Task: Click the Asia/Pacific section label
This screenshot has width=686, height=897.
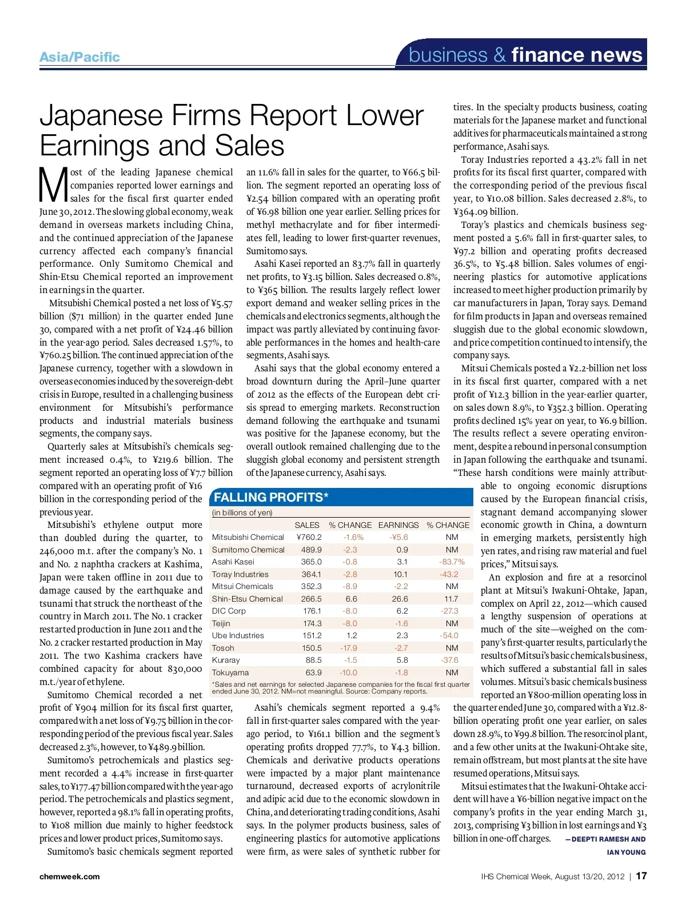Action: (x=79, y=57)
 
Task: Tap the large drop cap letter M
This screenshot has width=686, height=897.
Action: (x=53, y=185)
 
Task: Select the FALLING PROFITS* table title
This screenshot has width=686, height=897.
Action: (x=271, y=497)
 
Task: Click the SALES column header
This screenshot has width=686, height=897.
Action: (x=307, y=525)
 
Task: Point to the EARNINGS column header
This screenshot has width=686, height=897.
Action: (x=398, y=525)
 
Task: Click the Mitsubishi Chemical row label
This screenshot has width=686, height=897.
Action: (x=248, y=537)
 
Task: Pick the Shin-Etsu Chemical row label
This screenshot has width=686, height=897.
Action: (x=247, y=599)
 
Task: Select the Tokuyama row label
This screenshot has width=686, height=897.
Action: (x=230, y=672)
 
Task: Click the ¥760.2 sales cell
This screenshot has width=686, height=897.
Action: (x=309, y=537)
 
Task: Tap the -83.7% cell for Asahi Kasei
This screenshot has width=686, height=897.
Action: (x=452, y=562)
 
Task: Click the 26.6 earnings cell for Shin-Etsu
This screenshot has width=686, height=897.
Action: (x=400, y=599)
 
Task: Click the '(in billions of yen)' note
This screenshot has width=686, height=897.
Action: (x=242, y=512)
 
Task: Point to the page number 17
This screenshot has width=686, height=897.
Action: (x=641, y=876)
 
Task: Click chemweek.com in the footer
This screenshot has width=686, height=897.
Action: (x=69, y=876)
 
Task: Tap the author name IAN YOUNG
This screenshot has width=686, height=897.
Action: (x=626, y=852)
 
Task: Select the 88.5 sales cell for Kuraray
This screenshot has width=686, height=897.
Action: (x=313, y=660)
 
